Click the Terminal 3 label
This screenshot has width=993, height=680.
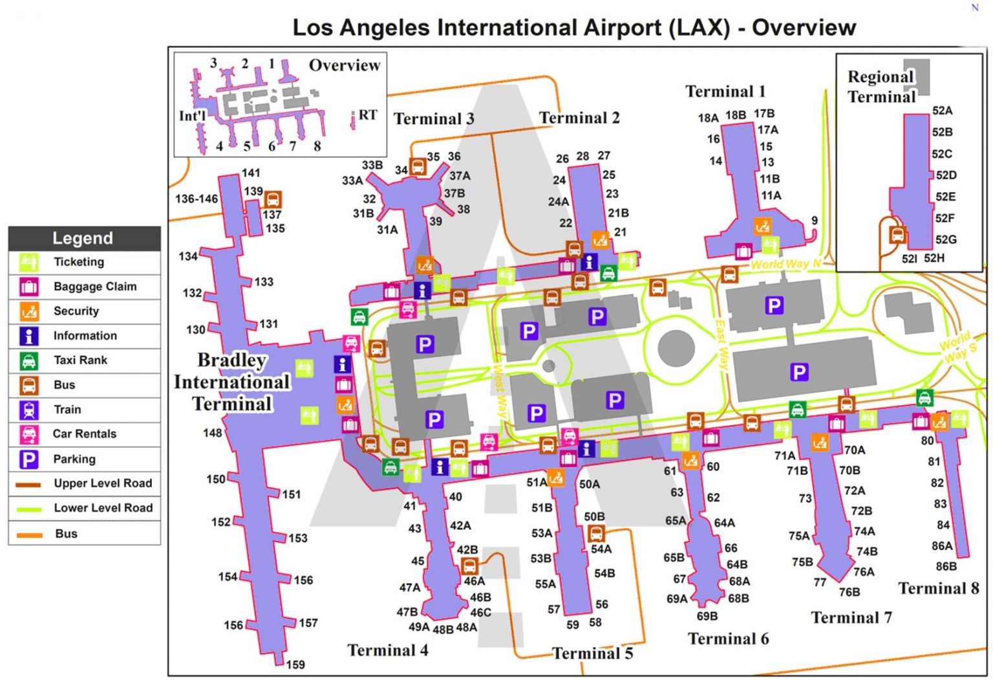click(434, 119)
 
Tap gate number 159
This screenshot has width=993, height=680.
click(295, 664)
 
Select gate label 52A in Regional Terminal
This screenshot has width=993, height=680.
click(942, 111)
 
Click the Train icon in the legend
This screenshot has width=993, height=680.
click(29, 410)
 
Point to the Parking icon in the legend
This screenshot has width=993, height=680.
click(29, 459)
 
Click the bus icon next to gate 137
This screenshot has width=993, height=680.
click(273, 199)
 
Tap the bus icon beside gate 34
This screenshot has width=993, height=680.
click(418, 168)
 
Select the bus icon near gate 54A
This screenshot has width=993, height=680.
click(596, 534)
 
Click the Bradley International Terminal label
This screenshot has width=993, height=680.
click(231, 382)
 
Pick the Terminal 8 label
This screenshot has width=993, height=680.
click(938, 588)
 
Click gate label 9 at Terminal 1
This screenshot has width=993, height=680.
click(815, 221)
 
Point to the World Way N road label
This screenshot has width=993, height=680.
click(785, 264)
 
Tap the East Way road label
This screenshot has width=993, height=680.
click(721, 345)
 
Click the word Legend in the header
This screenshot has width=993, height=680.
click(83, 238)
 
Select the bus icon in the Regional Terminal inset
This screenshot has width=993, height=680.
click(897, 234)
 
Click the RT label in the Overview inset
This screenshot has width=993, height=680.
click(367, 115)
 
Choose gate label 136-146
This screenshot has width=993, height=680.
click(197, 199)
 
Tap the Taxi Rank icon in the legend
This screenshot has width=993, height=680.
click(29, 360)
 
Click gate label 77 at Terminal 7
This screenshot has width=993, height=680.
click(820, 582)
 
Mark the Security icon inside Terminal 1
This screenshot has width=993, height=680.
click(762, 226)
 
